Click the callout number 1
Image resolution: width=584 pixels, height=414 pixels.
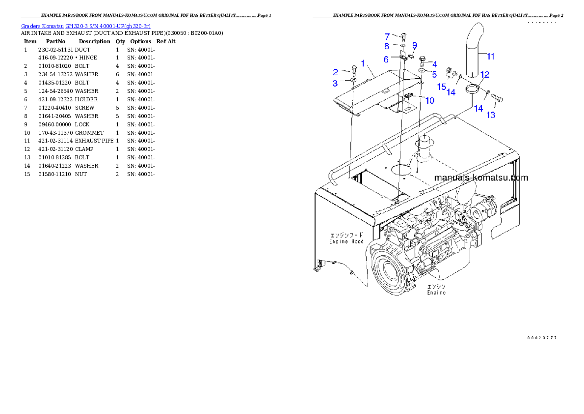pos(363,63)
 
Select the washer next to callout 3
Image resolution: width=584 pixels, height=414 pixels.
pos(353,80)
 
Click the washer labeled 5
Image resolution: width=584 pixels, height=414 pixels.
pos(422,72)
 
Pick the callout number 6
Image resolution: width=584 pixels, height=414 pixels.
pos(386,59)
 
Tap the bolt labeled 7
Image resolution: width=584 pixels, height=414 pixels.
pos(403,35)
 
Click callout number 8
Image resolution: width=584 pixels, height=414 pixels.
pos(387,46)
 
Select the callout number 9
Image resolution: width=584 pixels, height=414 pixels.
pos(414,45)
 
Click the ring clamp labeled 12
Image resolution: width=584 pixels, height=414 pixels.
pos(472,89)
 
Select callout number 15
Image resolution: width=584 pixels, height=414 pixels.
pos(442,87)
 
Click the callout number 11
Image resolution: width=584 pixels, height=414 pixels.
pos(490,57)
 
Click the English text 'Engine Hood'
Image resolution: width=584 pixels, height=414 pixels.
pos(346,241)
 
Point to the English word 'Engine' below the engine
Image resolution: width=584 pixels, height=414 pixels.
pos(436,293)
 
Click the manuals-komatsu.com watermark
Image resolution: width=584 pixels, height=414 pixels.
pos(481,177)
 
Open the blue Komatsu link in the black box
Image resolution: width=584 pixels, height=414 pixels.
pos(86,26)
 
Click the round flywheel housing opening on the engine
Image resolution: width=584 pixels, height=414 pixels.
pos(391,272)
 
